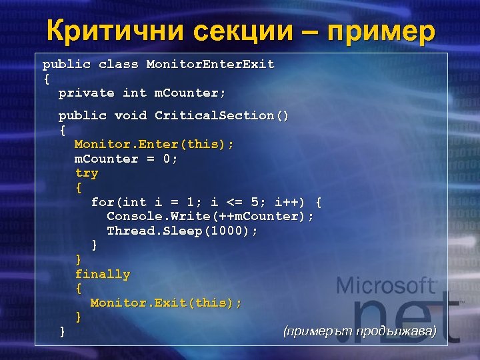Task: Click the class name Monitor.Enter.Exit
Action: tap(210, 65)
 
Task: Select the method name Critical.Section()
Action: tap(222, 116)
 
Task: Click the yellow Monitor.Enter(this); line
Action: tap(154, 145)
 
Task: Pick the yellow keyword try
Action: tap(87, 173)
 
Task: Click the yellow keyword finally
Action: tap(103, 274)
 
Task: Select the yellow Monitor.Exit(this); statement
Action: tap(166, 303)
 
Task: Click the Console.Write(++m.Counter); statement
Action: tap(210, 217)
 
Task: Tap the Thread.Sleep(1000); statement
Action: tap(182, 231)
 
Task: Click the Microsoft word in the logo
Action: tap(386, 286)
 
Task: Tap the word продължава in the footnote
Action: tap(396, 331)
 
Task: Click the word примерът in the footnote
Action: tap(319, 331)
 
